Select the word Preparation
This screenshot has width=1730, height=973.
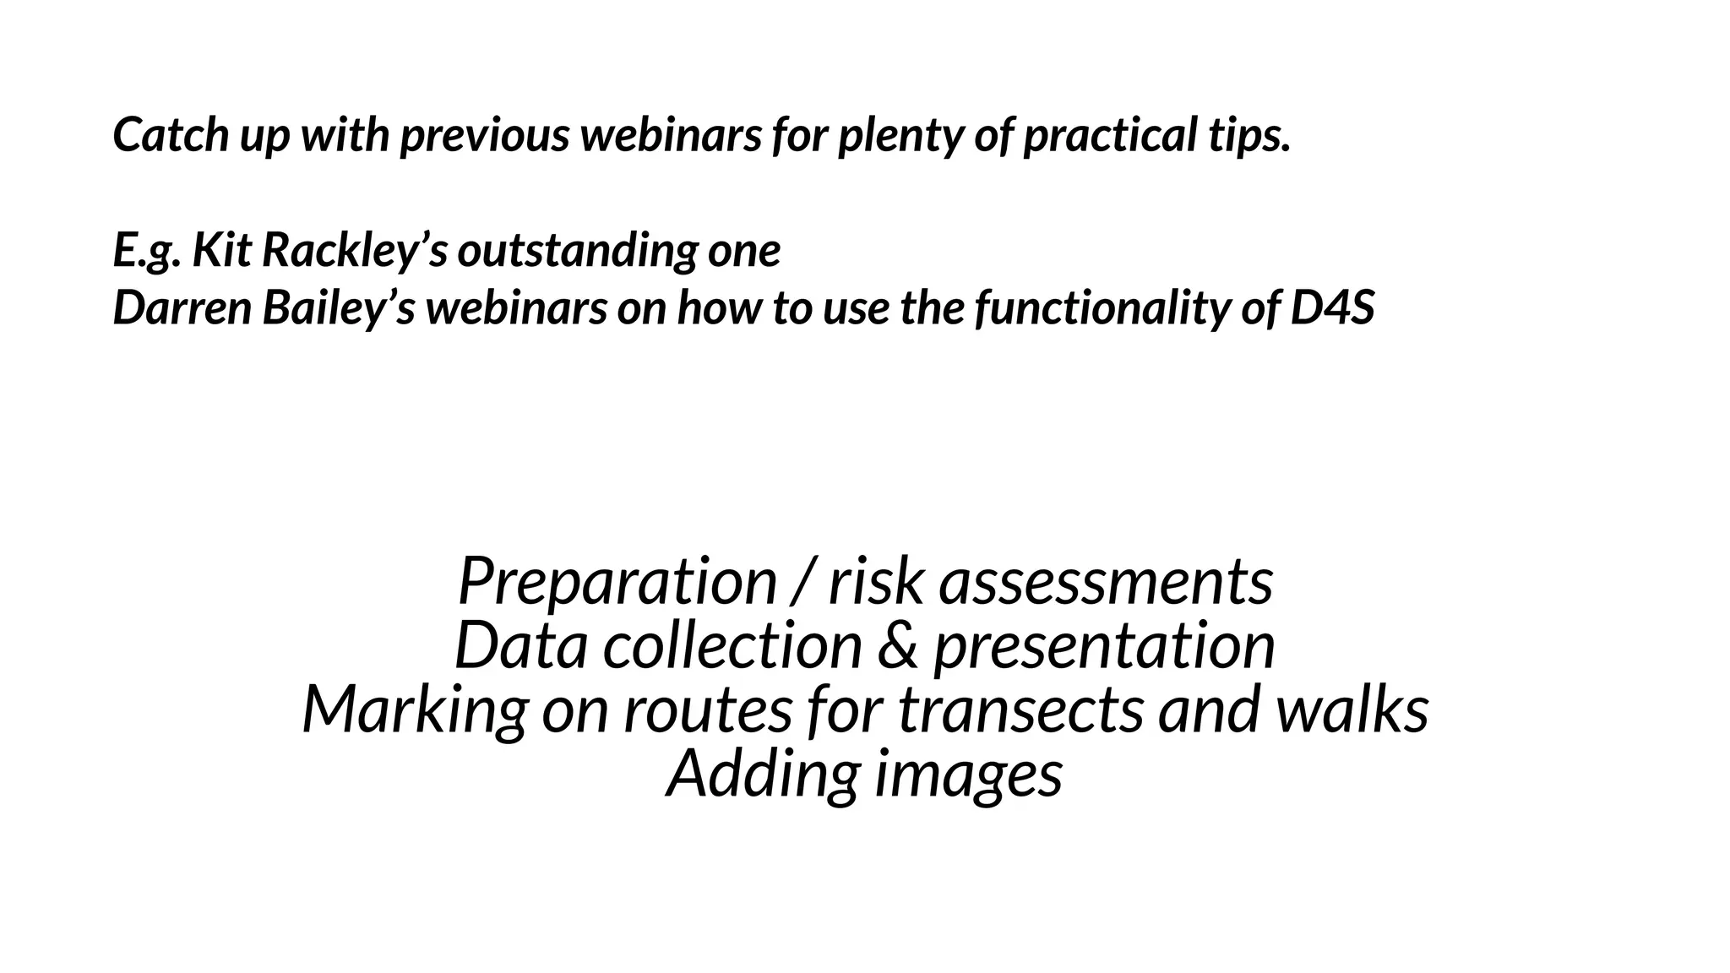click(617, 582)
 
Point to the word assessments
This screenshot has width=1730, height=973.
click(1106, 582)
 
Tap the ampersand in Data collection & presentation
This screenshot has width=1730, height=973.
click(897, 646)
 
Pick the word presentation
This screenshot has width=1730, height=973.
click(1103, 646)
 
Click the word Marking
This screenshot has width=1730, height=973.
click(414, 710)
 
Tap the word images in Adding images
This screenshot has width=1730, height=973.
click(968, 775)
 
